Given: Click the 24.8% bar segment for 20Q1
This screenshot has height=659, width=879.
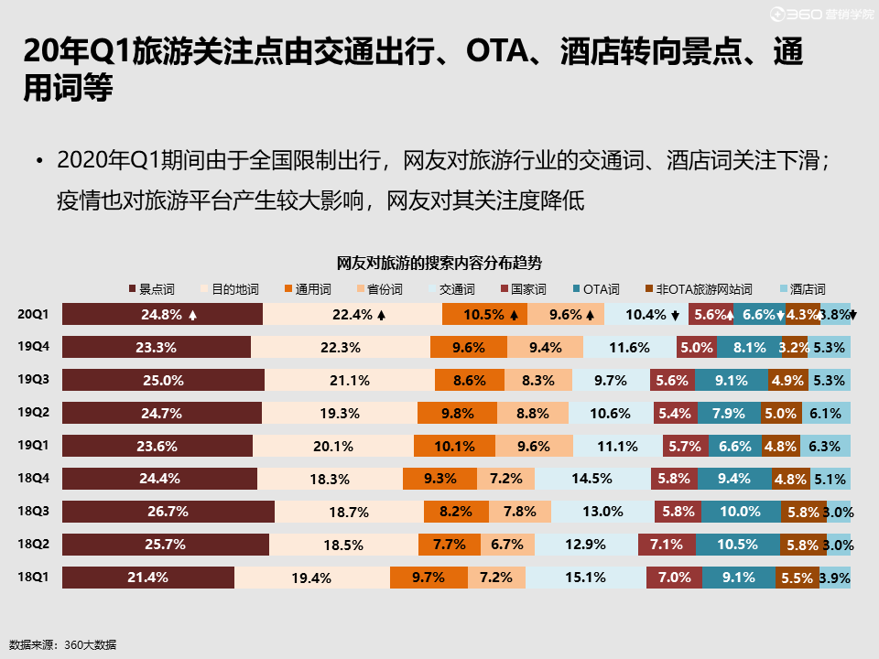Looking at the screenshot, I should coord(162,314).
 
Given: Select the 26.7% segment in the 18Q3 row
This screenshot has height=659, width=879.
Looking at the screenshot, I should coord(168,512).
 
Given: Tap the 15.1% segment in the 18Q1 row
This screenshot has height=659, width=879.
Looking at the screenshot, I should coord(586,578).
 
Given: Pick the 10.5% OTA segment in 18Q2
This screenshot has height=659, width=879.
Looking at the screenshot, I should coord(737,545).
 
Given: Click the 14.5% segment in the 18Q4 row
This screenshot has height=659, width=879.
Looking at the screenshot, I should coord(591,479).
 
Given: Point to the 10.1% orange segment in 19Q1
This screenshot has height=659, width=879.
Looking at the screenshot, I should coord(455,446).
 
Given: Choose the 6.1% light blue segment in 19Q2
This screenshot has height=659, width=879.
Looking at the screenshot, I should coord(825,413).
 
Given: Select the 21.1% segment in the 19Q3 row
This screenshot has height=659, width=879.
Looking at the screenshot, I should coord(350,380).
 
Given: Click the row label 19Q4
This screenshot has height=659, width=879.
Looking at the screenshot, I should coord(33,346).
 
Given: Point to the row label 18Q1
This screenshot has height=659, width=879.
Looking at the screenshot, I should coord(33,577).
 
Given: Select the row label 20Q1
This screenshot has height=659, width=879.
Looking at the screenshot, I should coord(33,313).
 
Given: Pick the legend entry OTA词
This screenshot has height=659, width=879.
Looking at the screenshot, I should coord(602,289).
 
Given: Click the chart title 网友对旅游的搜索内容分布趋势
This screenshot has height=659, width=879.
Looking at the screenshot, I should coord(439,264).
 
